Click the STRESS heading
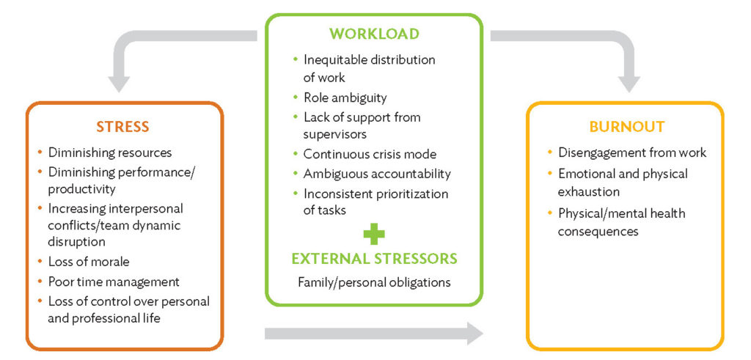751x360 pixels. pos(123,126)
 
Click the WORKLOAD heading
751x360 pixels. pos(374,34)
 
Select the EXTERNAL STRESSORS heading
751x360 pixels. pos(374,258)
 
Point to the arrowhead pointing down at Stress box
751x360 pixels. pos(119,83)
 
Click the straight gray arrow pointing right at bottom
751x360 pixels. pos(373,334)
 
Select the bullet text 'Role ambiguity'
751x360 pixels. pos(345,98)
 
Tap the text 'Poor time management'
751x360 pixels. pos(114,282)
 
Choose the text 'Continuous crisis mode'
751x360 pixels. pos(370,154)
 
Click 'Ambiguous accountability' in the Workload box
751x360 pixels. pos(377,174)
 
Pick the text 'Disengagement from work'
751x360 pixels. pos(632,153)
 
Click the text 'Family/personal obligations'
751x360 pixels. pos(374,282)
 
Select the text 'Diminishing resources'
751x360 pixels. pos(110,153)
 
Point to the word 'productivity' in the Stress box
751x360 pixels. pos(81,189)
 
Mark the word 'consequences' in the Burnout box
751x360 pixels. pos(598,232)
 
